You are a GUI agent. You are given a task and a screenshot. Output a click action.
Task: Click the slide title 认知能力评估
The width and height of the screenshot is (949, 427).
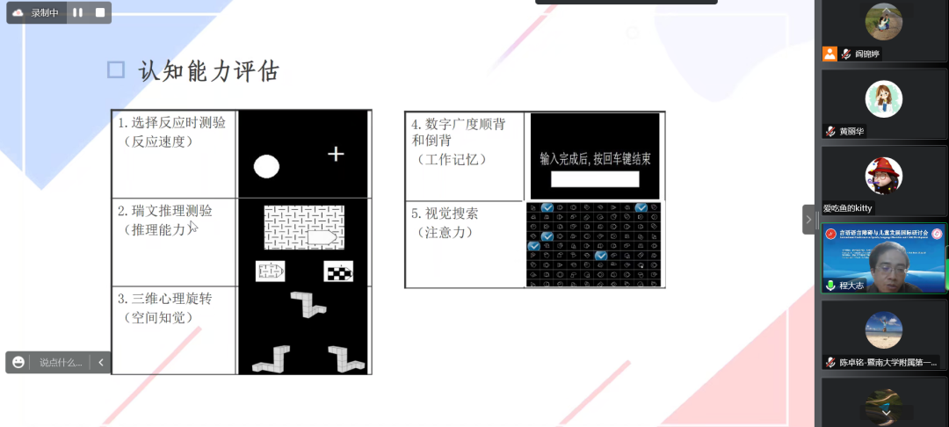coord(208,71)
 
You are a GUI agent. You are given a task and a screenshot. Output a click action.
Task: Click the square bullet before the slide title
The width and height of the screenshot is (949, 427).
coord(116,70)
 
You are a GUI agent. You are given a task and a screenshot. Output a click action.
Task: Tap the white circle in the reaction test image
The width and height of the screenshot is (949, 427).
coord(266,166)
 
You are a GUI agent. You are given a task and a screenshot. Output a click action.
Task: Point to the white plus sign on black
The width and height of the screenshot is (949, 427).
coord(336,155)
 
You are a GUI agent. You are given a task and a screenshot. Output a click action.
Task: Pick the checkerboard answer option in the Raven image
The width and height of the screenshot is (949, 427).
coord(337,271)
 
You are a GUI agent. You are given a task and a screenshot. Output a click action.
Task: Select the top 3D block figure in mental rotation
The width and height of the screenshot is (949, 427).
coord(308,303)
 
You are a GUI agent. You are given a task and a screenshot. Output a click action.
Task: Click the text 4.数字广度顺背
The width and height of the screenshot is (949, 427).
coord(458,124)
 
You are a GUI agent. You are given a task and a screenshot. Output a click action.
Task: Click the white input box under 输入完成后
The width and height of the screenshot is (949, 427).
coord(595,179)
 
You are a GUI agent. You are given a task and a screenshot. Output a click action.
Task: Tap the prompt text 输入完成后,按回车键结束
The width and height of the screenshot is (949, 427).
coord(595,159)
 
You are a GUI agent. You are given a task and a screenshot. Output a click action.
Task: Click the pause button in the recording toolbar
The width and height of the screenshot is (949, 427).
coord(77,13)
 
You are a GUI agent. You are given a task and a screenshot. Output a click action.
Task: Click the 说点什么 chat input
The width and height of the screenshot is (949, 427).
coord(60,362)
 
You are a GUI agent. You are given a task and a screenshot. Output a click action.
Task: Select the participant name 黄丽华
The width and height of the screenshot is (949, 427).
coord(851,131)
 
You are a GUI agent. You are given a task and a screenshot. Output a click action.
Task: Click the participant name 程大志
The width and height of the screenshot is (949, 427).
coord(851,286)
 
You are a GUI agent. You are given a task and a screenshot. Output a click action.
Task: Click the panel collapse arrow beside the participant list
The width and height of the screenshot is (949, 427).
coord(809,219)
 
